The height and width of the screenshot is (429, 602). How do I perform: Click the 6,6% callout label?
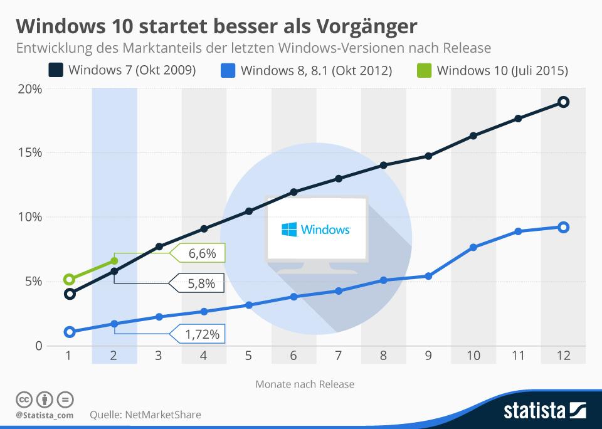tap(202, 253)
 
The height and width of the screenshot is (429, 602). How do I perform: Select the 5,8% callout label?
tap(201, 284)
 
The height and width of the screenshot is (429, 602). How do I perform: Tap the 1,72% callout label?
tap(203, 335)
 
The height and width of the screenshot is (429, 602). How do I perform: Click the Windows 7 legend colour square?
tap(56, 69)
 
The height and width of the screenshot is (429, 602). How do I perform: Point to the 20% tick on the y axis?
tap(29, 88)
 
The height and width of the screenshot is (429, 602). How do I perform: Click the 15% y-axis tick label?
tap(29, 153)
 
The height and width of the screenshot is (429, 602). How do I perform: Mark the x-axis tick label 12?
tap(563, 356)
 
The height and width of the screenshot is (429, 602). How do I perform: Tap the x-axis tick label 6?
tap(293, 356)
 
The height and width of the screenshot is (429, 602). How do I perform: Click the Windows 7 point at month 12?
tap(563, 102)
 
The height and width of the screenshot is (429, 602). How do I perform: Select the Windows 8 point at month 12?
tap(563, 227)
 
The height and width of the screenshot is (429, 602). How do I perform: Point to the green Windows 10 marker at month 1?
tap(70, 280)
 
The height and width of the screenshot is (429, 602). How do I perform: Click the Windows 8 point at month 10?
tap(473, 248)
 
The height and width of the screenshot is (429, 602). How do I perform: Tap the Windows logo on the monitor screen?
tap(289, 230)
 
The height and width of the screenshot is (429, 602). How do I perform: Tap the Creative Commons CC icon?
tap(23, 400)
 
